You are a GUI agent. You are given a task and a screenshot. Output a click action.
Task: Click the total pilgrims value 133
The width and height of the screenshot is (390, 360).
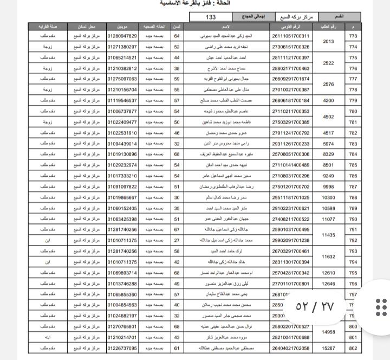[x=211, y=17]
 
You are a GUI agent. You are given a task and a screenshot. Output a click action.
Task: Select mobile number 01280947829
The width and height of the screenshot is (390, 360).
[x=122, y=36]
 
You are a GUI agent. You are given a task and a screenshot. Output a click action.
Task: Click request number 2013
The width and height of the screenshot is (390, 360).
[x=328, y=41]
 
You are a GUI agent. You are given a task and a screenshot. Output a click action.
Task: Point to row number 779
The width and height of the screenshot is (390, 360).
[x=353, y=100]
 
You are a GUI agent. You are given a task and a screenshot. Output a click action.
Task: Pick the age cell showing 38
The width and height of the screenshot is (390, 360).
[x=177, y=68]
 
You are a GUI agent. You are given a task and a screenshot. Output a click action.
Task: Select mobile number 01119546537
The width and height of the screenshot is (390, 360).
[x=122, y=100]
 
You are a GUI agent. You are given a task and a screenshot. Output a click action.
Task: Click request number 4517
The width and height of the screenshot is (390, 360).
[x=328, y=133]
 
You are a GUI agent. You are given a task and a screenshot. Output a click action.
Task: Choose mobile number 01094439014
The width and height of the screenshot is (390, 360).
[x=122, y=144]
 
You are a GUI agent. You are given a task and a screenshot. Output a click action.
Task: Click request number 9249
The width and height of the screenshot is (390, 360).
[x=328, y=176]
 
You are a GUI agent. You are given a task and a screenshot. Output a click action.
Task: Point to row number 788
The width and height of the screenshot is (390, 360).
[x=353, y=197]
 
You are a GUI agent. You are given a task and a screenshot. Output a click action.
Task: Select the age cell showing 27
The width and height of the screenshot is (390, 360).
[x=177, y=240]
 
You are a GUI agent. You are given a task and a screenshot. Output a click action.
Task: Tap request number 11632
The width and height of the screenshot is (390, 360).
[x=328, y=256]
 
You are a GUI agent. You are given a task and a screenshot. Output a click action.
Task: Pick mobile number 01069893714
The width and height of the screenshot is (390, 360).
[x=122, y=273]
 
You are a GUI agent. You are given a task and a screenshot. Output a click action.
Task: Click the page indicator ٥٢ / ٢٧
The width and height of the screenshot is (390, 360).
[x=315, y=306]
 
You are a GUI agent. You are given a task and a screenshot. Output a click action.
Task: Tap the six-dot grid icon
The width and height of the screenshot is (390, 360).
[x=381, y=306]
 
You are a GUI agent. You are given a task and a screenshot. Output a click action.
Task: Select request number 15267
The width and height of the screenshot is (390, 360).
[x=328, y=348]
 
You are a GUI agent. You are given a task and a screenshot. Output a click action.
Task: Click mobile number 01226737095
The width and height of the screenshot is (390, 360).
[x=122, y=348]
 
